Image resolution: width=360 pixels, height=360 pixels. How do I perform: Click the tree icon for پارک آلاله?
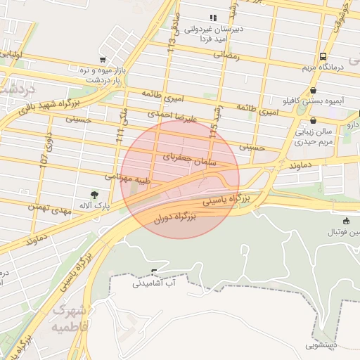[x=95, y=194]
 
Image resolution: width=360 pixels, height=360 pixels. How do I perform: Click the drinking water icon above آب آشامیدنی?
[x=154, y=272]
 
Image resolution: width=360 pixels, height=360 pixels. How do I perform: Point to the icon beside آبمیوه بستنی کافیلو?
[x=313, y=91]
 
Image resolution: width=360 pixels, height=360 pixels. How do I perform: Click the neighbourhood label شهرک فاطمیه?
[x=71, y=319]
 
